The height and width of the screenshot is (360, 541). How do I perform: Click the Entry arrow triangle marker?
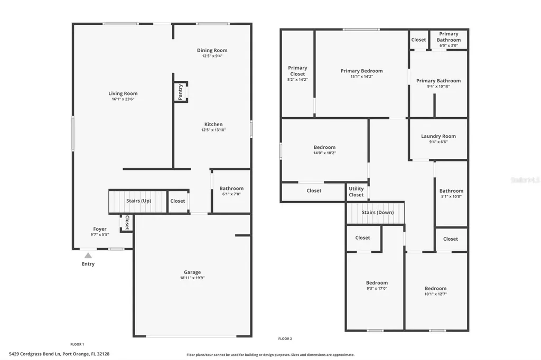pyautogui.click(x=88, y=255)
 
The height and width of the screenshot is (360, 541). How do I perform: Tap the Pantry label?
pyautogui.click(x=180, y=92)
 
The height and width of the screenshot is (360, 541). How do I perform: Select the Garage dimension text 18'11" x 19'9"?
pyautogui.click(x=192, y=278)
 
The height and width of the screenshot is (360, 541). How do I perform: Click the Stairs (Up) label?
pyautogui.click(x=138, y=201)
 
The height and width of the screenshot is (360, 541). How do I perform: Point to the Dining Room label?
pyautogui.click(x=212, y=51)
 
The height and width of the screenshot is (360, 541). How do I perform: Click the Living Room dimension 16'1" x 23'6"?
pyautogui.click(x=123, y=99)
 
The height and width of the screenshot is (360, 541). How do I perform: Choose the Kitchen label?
pyautogui.click(x=213, y=125)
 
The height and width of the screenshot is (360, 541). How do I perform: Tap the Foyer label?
pyautogui.click(x=100, y=229)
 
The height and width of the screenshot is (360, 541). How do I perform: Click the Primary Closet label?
pyautogui.click(x=297, y=71)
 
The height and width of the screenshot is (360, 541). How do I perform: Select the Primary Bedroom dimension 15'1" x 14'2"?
pyautogui.click(x=361, y=77)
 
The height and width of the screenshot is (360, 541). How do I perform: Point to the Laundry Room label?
pyautogui.click(x=438, y=136)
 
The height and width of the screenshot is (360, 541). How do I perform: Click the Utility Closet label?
pyautogui.click(x=356, y=192)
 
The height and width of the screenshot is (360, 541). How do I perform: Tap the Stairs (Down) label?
pyautogui.click(x=376, y=213)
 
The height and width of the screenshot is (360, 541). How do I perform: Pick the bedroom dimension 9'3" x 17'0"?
pyautogui.click(x=377, y=289)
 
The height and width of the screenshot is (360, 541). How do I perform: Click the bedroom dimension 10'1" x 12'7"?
pyautogui.click(x=435, y=294)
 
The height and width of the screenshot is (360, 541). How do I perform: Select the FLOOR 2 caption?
pyautogui.click(x=285, y=339)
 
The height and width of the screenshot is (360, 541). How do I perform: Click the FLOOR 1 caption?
pyautogui.click(x=77, y=344)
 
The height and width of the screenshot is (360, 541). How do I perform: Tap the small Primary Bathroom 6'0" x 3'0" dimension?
pyautogui.click(x=449, y=45)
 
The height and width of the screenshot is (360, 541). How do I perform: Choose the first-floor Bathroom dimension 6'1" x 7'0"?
pyautogui.click(x=231, y=194)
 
